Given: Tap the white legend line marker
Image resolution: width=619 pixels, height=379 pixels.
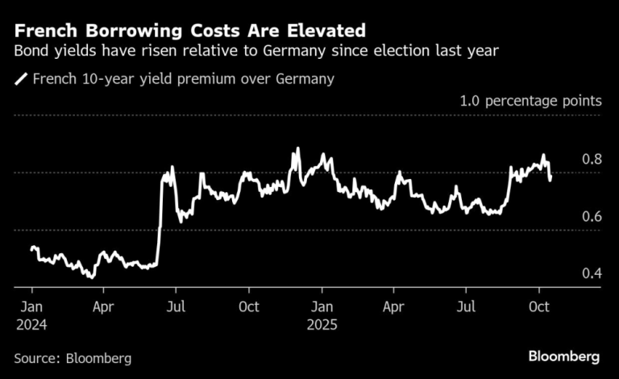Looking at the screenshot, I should [x=20, y=79].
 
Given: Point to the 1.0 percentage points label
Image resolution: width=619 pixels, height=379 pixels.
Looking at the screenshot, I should [x=530, y=102].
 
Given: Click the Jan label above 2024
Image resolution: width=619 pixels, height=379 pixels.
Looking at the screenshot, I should [x=32, y=306].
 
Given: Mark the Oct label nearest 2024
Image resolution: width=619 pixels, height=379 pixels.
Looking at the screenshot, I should [x=249, y=306].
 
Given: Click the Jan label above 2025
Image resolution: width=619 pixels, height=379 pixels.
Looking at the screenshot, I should [x=322, y=306].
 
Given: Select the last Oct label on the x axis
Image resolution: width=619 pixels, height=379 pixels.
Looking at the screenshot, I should [x=538, y=306].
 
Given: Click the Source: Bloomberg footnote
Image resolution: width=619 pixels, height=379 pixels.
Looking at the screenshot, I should [x=73, y=357].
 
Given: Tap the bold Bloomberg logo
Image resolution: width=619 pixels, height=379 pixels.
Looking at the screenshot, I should [x=564, y=356].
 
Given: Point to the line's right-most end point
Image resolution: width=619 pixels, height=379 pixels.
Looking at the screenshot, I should [x=550, y=179].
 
